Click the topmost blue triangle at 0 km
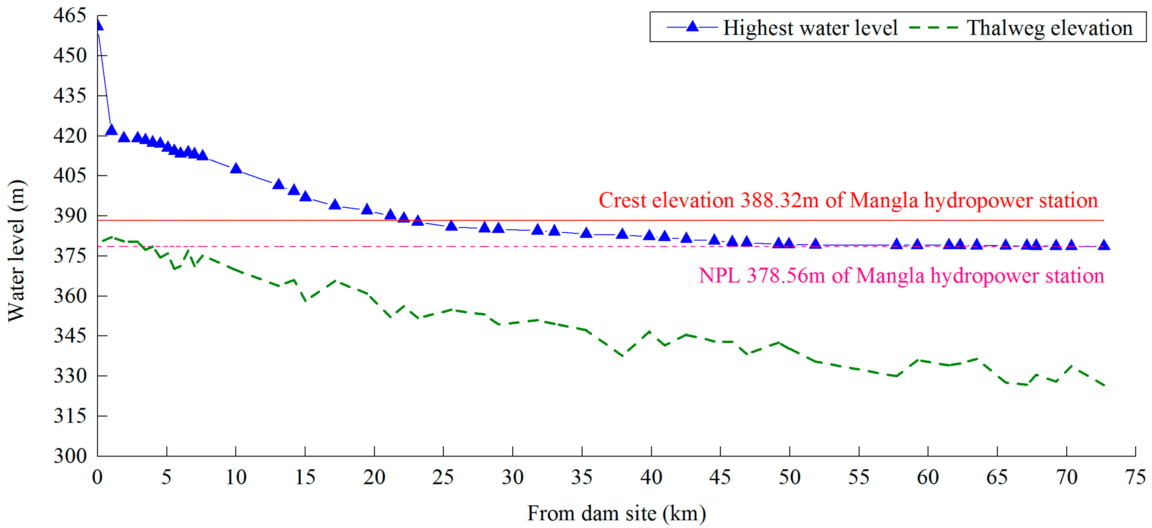99,26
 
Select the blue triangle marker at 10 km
236,169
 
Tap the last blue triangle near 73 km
1104,245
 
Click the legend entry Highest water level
810,28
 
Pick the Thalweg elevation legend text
1049,28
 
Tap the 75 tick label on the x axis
1135,477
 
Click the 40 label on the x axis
651,477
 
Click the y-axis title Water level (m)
17,251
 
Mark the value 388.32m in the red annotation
780,200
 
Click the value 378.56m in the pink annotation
786,275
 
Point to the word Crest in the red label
623,200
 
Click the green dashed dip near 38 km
623,356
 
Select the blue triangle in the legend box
692,26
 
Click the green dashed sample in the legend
934,28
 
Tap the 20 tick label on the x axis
374,477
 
